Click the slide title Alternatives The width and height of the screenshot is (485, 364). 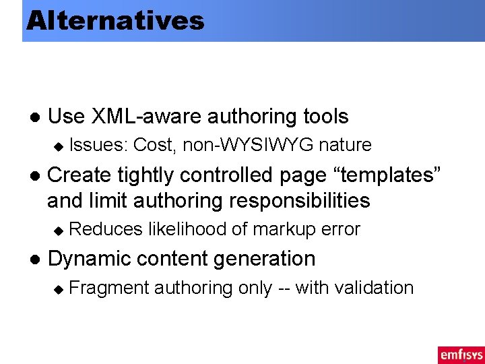pos(115,20)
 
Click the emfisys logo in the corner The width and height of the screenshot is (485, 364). pos(461,355)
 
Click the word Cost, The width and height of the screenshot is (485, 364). pos(156,145)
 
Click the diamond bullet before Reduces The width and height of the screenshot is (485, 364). pos(58,231)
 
